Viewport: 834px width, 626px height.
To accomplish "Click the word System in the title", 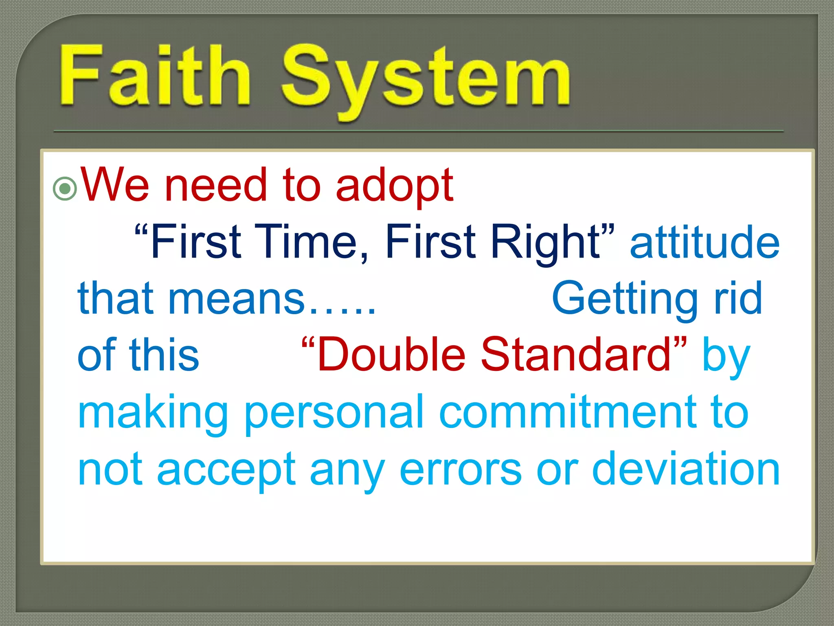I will point(426,79).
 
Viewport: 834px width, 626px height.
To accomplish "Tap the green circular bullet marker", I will point(65,189).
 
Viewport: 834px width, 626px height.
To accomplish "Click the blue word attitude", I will point(705,242).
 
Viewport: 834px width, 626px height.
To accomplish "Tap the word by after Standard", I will point(726,357).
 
